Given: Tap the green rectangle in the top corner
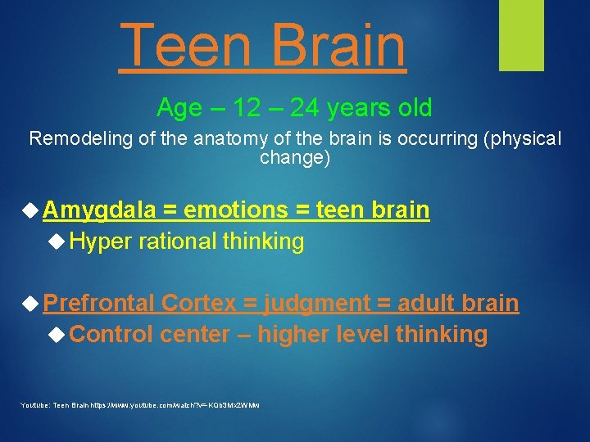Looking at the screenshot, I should [521, 34].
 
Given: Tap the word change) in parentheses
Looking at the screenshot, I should [295, 158].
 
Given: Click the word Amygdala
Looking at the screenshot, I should [98, 210].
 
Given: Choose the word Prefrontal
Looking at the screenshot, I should [99, 304].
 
